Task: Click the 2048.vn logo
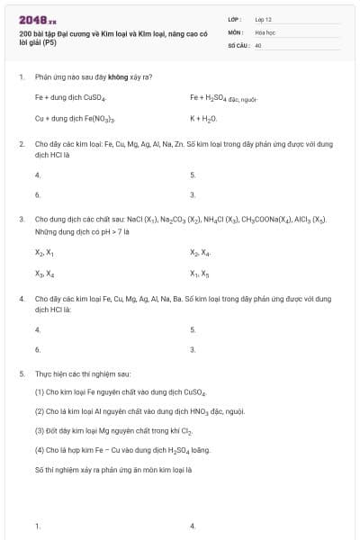click(x=37, y=20)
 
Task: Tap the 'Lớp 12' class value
click(x=264, y=19)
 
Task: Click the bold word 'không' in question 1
click(x=117, y=76)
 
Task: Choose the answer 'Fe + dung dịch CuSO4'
click(x=71, y=97)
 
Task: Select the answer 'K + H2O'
click(x=203, y=118)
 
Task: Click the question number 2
click(x=21, y=143)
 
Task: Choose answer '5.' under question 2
click(x=193, y=175)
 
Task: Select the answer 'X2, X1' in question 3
click(x=44, y=253)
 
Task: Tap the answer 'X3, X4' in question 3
click(x=44, y=274)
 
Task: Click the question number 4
click(x=21, y=298)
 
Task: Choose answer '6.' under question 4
click(x=37, y=349)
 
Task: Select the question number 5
click(x=21, y=373)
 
